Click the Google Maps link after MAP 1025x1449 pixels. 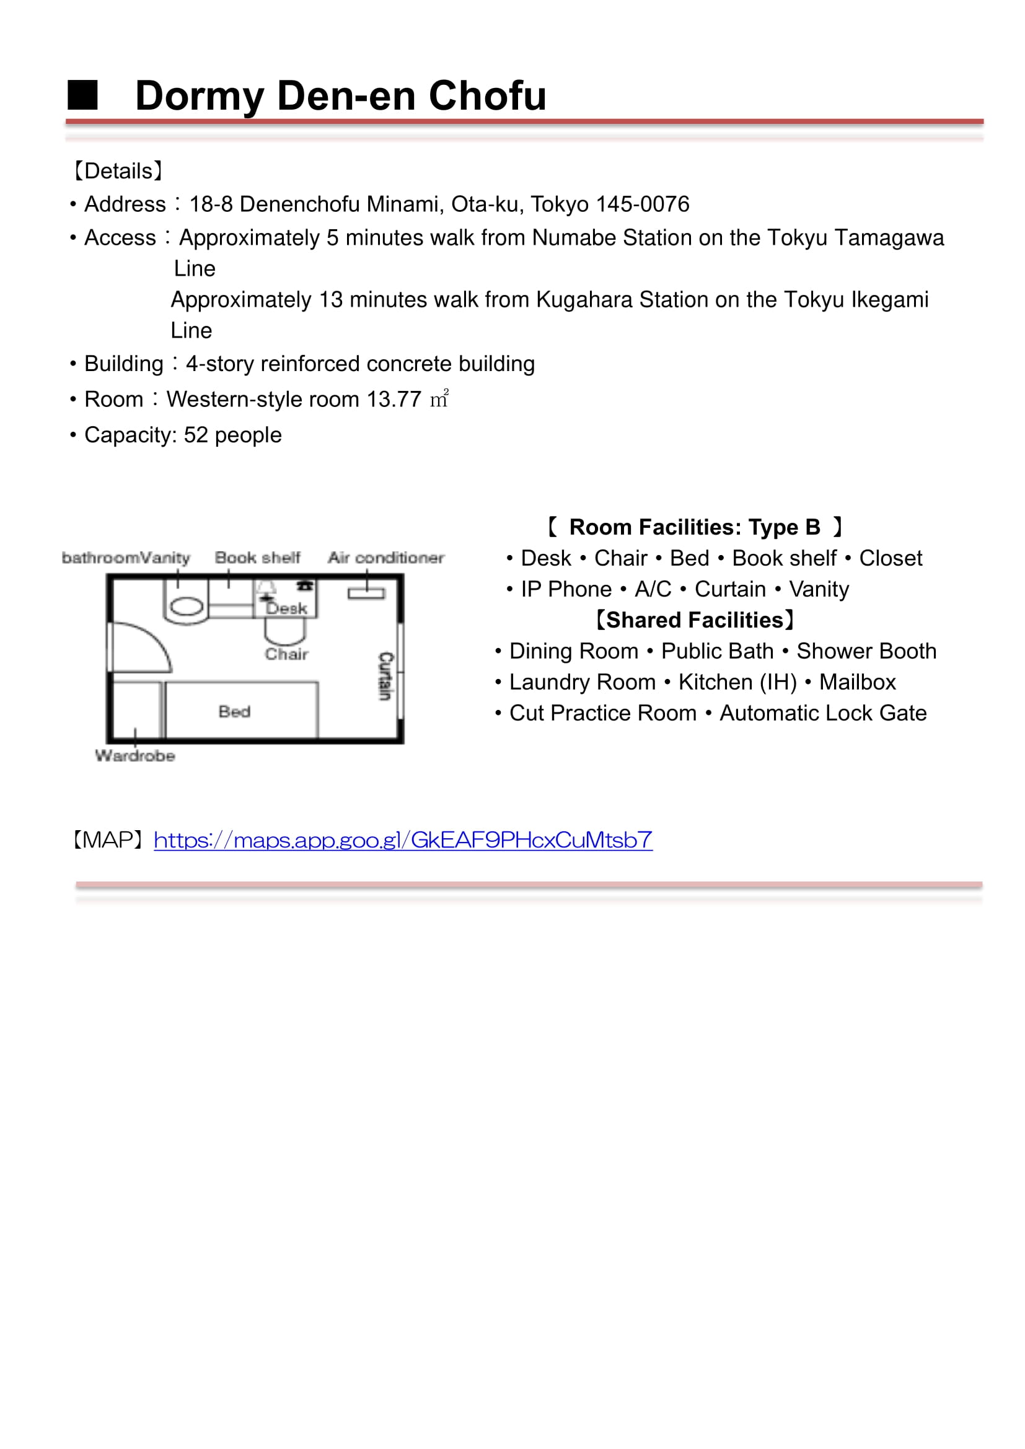coord(403,840)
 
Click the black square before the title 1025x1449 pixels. coord(82,95)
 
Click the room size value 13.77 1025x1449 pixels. coord(394,400)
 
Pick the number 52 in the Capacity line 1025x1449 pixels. coord(196,436)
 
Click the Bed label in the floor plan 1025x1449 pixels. coord(235,712)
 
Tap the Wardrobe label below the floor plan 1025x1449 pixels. coord(135,755)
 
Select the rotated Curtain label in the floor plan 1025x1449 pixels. coord(385,676)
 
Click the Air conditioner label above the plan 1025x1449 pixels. coord(385,558)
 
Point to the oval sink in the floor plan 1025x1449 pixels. coord(187,606)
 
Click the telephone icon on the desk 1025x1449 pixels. coord(306,585)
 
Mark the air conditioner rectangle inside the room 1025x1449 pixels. coord(366,593)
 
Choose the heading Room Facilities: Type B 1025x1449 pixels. coord(694,527)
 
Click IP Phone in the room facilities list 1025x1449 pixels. coord(566,589)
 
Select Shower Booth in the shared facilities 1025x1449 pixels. coord(866,651)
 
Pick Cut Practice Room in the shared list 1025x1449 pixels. coord(603,713)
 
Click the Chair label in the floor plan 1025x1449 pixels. coord(286,654)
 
